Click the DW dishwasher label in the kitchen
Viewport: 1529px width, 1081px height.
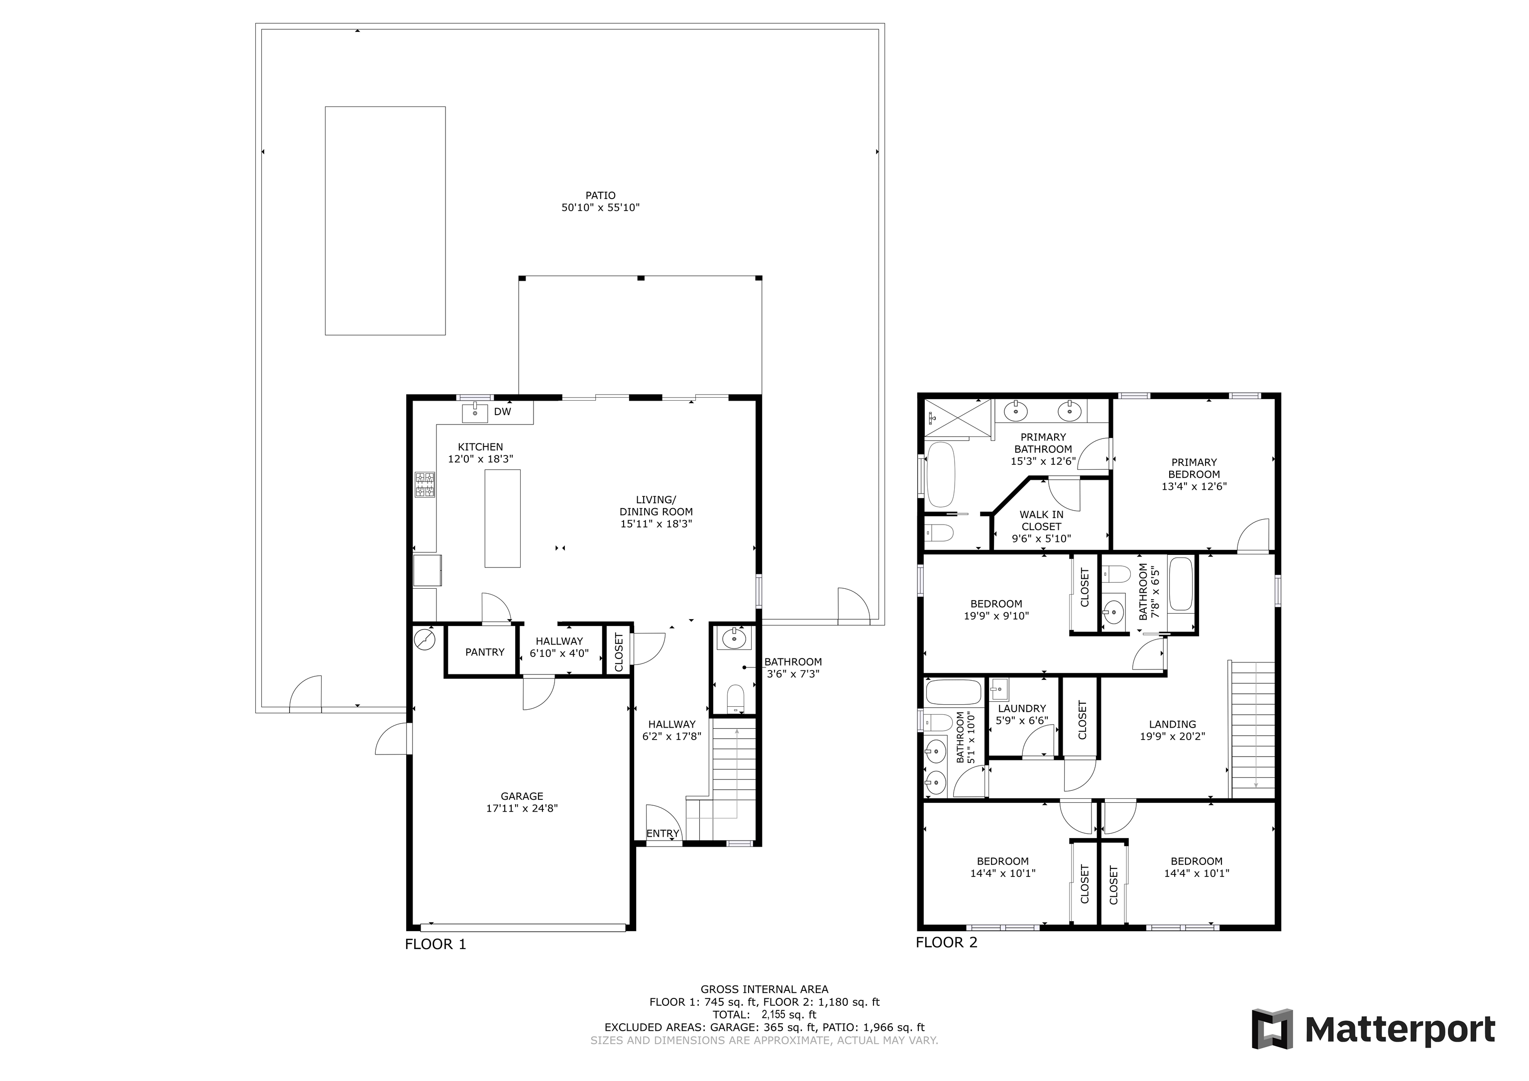point(502,412)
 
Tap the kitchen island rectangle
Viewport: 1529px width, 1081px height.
point(502,518)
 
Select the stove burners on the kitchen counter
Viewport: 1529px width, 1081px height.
point(425,485)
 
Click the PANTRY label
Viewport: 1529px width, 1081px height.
point(485,652)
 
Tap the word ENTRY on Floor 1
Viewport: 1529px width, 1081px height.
point(662,833)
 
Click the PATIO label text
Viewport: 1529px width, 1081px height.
point(601,196)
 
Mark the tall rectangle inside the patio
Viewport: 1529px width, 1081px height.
point(385,220)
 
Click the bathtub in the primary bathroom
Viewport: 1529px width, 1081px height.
point(940,474)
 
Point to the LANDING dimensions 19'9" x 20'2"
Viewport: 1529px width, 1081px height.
point(1172,737)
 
